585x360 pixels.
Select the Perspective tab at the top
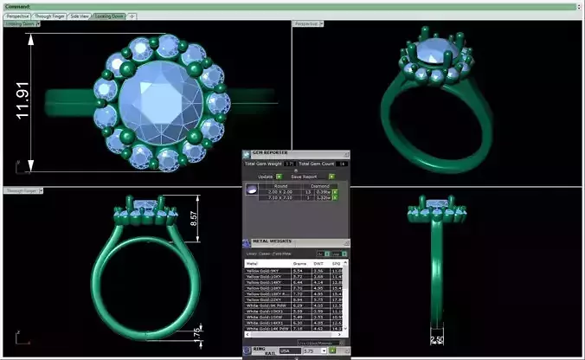tap(17, 16)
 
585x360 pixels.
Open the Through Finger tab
tap(49, 16)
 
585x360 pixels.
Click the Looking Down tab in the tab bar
tap(109, 16)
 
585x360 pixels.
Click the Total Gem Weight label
tap(264, 163)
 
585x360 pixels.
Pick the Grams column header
tap(301, 263)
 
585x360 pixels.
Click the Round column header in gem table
tap(280, 185)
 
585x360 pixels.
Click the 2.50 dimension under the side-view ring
tap(438, 340)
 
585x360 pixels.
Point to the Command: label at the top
tap(16, 5)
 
